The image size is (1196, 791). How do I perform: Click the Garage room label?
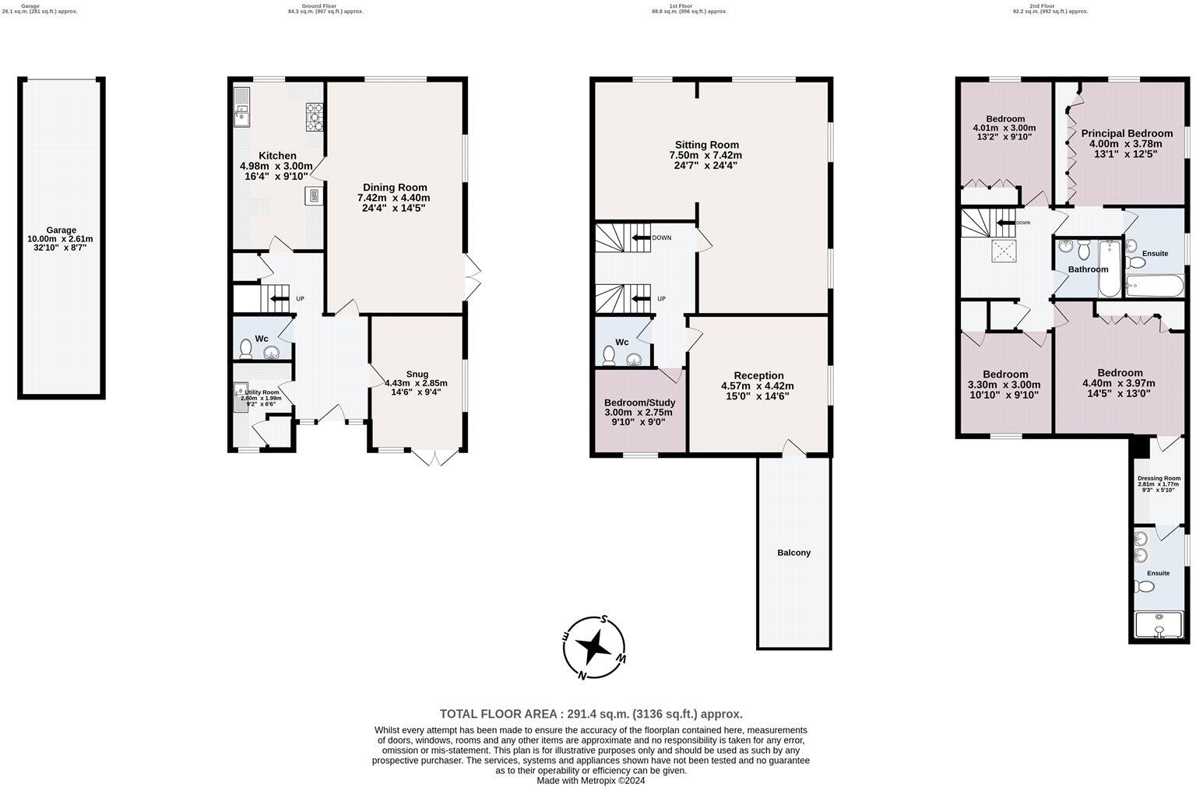click(61, 230)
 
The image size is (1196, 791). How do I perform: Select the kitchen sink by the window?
click(241, 108)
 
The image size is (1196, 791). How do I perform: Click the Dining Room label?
click(395, 187)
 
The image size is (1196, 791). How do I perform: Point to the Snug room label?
click(417, 374)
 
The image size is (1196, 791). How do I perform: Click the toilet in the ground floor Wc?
click(247, 347)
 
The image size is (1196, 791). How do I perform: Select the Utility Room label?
click(262, 392)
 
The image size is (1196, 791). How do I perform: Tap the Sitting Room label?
click(706, 145)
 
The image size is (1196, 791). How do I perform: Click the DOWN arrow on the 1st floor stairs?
click(641, 238)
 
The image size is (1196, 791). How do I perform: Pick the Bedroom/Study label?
click(639, 403)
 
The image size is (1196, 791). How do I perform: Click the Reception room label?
click(758, 375)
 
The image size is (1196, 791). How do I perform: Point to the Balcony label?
click(793, 553)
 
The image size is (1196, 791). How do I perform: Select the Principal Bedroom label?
click(1126, 133)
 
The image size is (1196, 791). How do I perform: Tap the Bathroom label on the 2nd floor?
click(1087, 269)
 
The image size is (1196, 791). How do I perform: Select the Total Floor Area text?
click(591, 714)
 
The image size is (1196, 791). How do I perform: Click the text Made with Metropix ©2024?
click(591, 781)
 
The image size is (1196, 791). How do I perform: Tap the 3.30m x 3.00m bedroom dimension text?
click(1004, 385)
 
